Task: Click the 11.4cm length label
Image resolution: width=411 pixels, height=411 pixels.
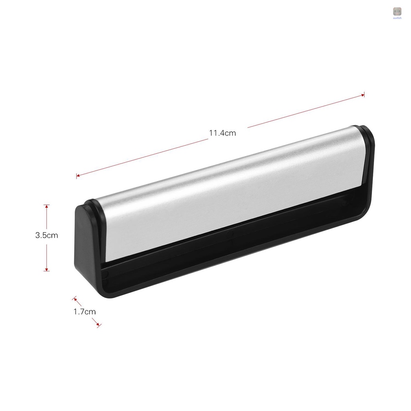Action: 222,133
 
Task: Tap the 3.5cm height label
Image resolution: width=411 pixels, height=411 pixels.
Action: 47,236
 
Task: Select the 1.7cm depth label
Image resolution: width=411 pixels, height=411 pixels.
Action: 85,311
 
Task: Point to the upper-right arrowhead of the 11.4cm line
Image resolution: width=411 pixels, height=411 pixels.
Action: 363,95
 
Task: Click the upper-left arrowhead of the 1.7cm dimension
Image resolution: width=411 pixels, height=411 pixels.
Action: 75,299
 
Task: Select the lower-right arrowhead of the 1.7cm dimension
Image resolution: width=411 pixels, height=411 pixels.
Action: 98,324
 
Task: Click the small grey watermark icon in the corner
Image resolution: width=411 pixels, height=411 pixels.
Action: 397,12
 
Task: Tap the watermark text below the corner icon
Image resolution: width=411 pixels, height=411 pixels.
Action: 397,18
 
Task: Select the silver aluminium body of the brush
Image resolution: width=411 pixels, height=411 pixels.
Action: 229,193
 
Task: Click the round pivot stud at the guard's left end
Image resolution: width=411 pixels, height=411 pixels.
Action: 106,274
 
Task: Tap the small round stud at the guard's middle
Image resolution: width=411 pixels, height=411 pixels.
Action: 230,234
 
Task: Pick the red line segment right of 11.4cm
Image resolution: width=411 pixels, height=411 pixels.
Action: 305,111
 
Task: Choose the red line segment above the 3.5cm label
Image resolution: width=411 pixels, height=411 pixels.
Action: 47,217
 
